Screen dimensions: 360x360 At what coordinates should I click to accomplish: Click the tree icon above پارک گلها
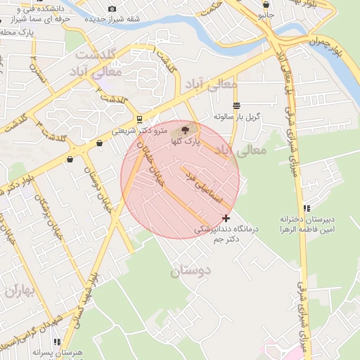tap(186, 129)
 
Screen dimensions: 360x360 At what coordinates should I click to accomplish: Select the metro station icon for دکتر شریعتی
tap(140, 118)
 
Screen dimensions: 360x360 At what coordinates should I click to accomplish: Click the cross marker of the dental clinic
tap(225, 218)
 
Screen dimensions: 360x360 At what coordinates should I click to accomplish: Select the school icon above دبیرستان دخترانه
tap(306, 208)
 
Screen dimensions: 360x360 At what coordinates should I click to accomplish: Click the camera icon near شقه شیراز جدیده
tap(112, 8)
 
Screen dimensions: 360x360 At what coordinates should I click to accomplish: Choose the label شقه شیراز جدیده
tap(109, 20)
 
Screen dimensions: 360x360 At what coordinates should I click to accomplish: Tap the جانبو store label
tap(265, 14)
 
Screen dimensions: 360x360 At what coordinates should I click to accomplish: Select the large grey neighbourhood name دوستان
tap(191, 269)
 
